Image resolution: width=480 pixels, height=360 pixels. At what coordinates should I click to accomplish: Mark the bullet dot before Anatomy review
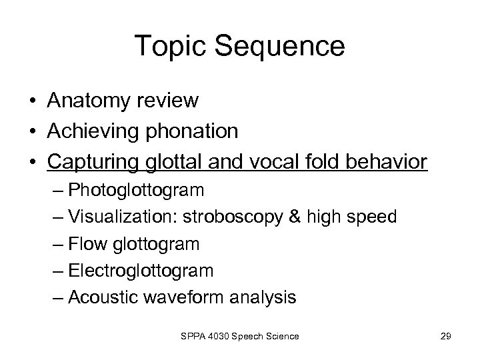[32, 101]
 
